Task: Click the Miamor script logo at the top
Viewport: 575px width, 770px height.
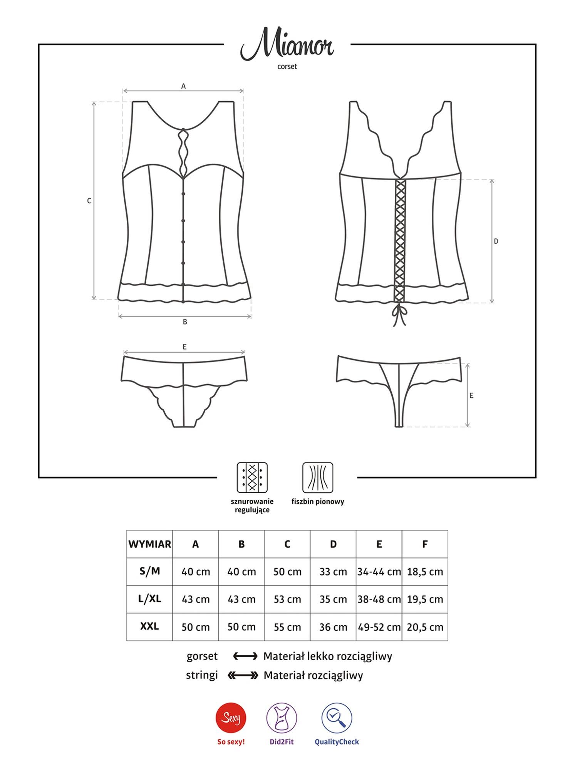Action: [x=287, y=47]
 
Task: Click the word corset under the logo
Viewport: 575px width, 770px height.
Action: [x=287, y=67]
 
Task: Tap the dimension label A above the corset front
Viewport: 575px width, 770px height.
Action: [x=183, y=86]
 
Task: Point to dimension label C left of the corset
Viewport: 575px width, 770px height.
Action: [x=89, y=201]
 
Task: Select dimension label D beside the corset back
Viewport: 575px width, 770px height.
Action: [x=496, y=241]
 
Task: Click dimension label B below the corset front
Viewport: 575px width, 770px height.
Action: [x=185, y=321]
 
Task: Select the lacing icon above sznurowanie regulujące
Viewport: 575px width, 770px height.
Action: [x=252, y=477]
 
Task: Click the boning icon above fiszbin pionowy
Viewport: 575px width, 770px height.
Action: [x=318, y=477]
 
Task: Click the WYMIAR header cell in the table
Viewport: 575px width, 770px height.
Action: [x=149, y=544]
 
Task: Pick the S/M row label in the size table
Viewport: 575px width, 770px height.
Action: [x=149, y=571]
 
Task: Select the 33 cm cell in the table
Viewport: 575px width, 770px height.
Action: [x=333, y=572]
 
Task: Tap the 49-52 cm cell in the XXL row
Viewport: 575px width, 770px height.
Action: [x=379, y=627]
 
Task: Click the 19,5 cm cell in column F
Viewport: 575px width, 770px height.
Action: [x=425, y=599]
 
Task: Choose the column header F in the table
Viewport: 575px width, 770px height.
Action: [x=425, y=544]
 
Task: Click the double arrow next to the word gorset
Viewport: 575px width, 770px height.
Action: [x=245, y=656]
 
